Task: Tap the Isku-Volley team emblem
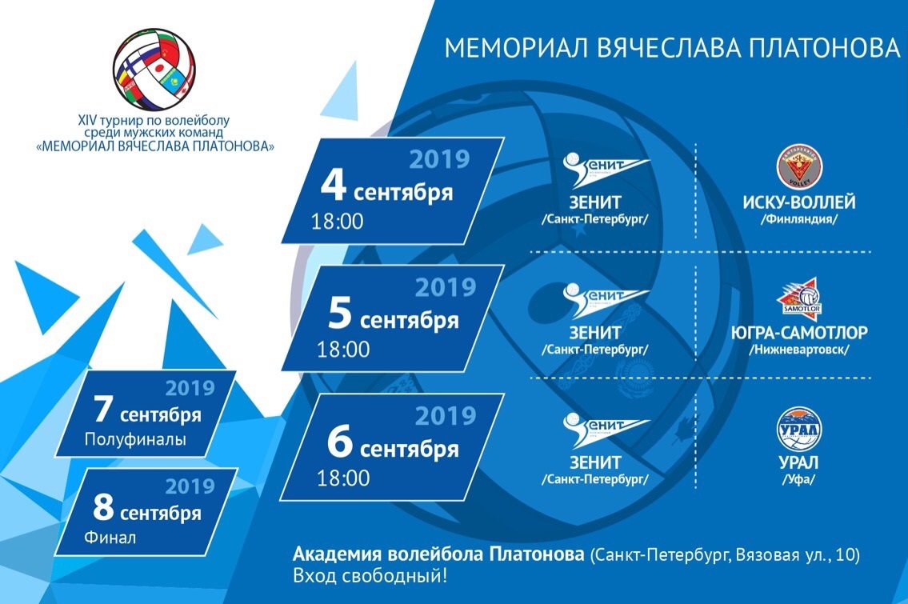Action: (800, 167)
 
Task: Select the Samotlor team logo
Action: (800, 296)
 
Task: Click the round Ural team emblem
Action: (799, 429)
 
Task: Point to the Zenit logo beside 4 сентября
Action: (606, 170)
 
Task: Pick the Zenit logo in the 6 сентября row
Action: (606, 430)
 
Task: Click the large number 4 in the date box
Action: (334, 186)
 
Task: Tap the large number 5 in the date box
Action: (340, 314)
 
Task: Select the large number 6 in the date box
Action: (340, 442)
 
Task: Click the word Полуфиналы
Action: (135, 439)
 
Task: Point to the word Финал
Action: (110, 538)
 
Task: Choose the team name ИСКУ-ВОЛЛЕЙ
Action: (799, 202)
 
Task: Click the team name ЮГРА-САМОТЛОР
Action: (799, 333)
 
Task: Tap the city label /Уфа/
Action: (798, 480)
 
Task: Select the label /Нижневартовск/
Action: (799, 350)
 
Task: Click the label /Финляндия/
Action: (799, 219)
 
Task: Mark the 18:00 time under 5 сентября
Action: (343, 349)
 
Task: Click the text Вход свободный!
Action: (370, 577)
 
